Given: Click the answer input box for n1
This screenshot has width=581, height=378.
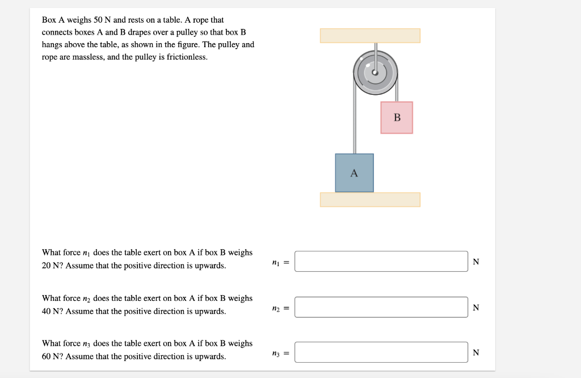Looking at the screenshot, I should pos(381,262).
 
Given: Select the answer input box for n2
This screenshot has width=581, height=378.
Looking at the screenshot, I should pos(381,307).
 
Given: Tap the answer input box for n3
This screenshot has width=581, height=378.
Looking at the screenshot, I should pos(381,352).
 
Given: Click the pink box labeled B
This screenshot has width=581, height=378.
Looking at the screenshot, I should pos(397,117).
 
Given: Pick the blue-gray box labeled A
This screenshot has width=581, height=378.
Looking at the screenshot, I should pos(354,173).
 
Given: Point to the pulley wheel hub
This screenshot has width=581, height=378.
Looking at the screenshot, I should pos(375,73).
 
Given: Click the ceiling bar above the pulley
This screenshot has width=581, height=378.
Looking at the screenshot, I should pos(370,35).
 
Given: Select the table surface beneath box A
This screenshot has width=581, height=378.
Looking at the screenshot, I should pos(370,200).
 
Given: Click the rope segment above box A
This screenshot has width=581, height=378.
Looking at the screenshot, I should pos(355,125).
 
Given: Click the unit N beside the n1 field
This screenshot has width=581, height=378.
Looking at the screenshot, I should pos(475,262).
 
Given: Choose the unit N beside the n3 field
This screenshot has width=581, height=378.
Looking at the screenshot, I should pos(475,352).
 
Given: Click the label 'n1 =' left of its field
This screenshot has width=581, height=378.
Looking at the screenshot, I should pos(280,262).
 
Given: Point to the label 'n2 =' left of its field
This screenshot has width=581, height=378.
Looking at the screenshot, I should pos(280,308).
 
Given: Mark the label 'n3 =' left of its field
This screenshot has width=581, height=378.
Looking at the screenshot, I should pos(280,353).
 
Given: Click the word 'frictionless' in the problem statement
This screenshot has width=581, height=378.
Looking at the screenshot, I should pos(187,57).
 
